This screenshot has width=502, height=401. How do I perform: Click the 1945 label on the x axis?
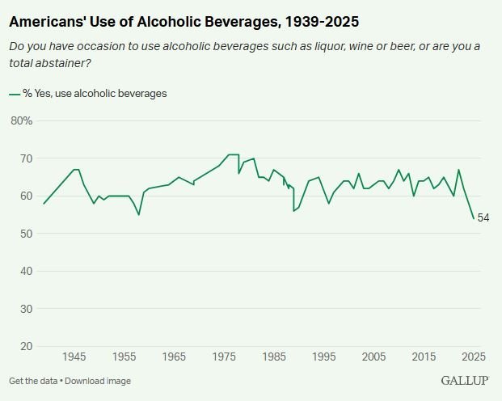click(74, 357)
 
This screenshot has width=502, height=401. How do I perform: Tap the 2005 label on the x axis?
click(373, 357)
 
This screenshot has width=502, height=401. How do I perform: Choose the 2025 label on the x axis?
click(473, 357)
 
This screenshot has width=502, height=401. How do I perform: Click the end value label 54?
click(483, 218)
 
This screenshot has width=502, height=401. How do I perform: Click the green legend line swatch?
click(15, 94)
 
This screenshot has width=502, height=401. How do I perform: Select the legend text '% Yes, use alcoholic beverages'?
click(95, 94)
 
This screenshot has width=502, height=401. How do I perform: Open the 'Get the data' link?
click(34, 381)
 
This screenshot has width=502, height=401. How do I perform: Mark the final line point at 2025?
click(474, 218)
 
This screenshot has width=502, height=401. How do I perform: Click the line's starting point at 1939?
click(44, 204)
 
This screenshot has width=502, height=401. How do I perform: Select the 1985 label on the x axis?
click(274, 357)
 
